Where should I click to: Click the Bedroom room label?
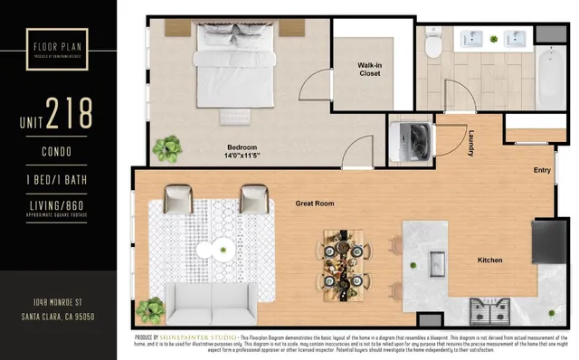click(x=242, y=147)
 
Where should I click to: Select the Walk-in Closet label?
click(x=368, y=69)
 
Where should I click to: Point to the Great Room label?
click(x=315, y=204)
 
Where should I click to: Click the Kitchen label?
click(x=489, y=261)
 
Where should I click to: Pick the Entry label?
click(x=542, y=170)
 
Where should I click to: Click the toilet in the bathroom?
click(x=433, y=41)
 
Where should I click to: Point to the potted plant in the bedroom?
click(x=167, y=147)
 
